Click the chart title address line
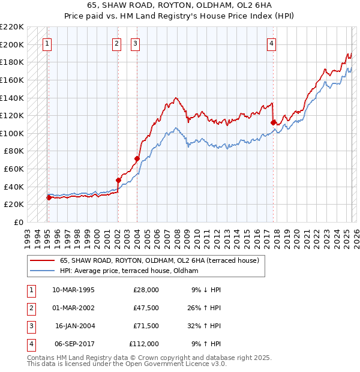[x=179, y=5]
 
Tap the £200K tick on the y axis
[x=12, y=44]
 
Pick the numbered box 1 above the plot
[x=47, y=43]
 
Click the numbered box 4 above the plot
[x=272, y=43]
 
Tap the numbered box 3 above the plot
[x=136, y=43]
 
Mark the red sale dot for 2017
[x=273, y=122]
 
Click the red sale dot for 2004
[x=137, y=158]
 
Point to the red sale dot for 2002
[x=118, y=179]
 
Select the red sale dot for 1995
[x=49, y=197]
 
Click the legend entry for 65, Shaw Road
[x=159, y=261]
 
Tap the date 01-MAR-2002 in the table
[x=73, y=308]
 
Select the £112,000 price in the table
[x=144, y=344]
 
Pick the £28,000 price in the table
[x=146, y=290]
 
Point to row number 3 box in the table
[x=30, y=326]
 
